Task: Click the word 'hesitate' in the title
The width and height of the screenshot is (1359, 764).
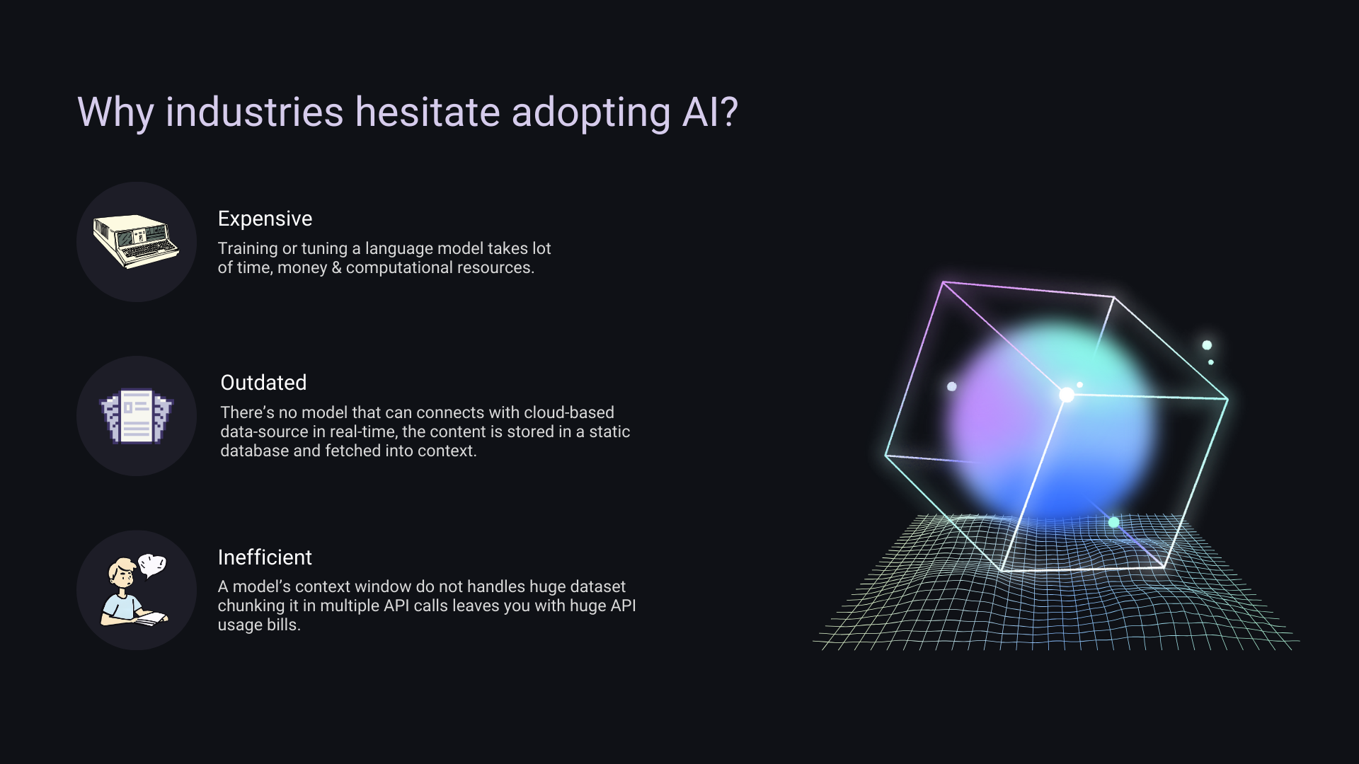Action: coord(428,112)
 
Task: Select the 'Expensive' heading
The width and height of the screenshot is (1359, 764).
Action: coord(265,219)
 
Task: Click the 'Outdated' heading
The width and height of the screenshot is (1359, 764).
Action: coord(263,383)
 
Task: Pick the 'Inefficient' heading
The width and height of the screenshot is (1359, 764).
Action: coord(265,557)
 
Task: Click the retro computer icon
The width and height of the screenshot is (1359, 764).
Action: coord(136,242)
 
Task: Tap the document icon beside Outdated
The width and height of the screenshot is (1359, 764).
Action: coord(137,416)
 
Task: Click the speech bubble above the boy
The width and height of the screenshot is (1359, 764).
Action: coord(152,565)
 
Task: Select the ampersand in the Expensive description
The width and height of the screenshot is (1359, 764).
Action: coord(336,268)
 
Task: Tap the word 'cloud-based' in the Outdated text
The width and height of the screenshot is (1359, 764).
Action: coord(569,412)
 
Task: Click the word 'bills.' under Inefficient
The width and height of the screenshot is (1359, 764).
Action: coord(284,625)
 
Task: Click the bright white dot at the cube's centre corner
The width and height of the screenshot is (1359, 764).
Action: coord(1067,395)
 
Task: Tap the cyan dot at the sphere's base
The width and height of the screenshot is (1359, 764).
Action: coord(1113,522)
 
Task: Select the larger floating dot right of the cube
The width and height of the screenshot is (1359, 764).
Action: coord(1207,345)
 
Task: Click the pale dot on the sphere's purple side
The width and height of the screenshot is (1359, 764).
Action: coord(952,386)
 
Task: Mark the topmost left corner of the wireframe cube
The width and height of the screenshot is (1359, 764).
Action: coord(944,282)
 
